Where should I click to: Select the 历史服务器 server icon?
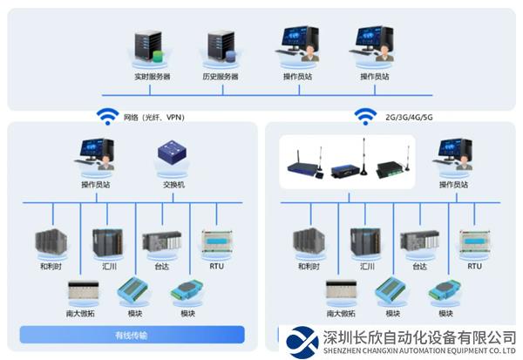[221, 49]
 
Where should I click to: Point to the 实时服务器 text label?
[153, 77]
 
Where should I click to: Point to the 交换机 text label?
[173, 185]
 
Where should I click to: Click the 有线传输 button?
[131, 335]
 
